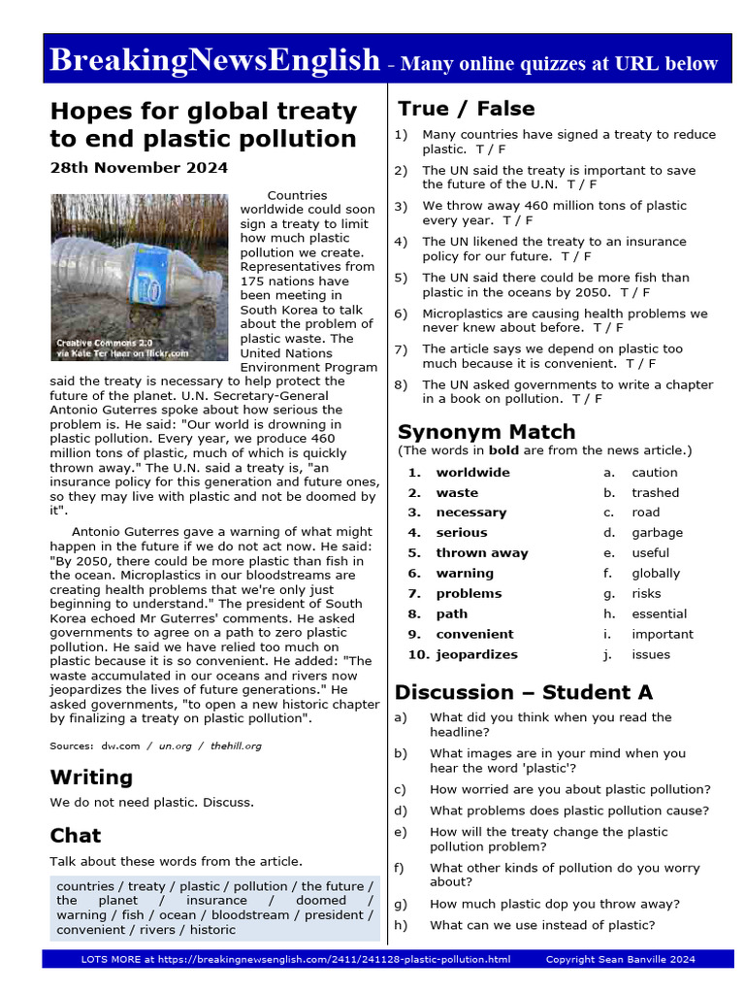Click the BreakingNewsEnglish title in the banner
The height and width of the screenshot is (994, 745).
tap(214, 60)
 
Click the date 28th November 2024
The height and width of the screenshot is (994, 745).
tap(139, 167)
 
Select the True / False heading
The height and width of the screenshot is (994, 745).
tap(466, 108)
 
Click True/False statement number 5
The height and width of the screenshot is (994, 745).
tap(555, 284)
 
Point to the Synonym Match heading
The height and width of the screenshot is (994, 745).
tap(486, 431)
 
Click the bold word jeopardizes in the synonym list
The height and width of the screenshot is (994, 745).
tap(476, 654)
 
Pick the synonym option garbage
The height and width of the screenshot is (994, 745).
tap(657, 532)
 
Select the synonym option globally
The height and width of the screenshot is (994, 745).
tap(656, 573)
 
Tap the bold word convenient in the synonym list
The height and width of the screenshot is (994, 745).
tap(474, 634)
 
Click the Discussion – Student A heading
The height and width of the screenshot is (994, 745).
tap(523, 692)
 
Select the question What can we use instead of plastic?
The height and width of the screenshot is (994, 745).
tap(541, 925)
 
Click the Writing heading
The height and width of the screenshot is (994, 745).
tap(91, 777)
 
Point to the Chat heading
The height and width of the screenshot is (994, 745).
tap(76, 835)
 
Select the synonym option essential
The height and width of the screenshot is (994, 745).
tap(659, 613)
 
